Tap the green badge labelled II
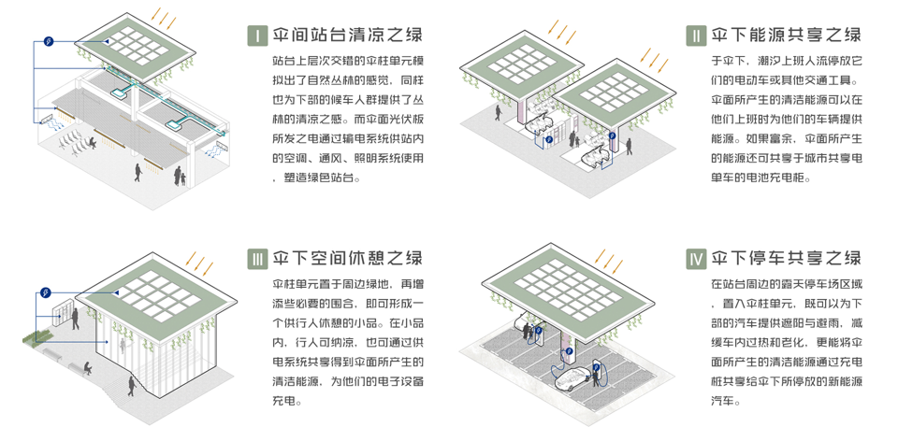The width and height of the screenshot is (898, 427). [x=695, y=36]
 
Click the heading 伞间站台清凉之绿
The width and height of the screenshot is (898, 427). [x=347, y=36]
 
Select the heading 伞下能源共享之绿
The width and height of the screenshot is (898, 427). [x=787, y=36]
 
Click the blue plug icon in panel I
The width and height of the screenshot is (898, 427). [x=48, y=40]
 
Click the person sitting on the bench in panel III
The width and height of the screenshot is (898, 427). [x=87, y=367]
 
